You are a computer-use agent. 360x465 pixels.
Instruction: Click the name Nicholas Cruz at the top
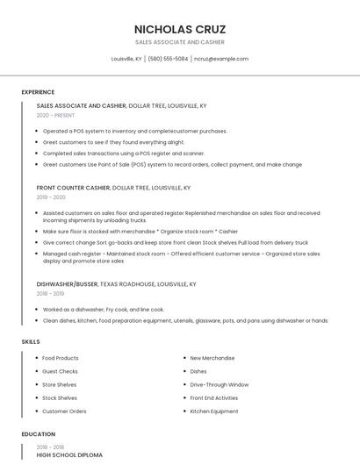(179, 28)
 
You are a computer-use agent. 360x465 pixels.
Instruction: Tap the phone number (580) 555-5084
(168, 59)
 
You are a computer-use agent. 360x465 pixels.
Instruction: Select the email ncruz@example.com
(221, 59)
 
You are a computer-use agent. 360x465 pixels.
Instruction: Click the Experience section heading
(38, 92)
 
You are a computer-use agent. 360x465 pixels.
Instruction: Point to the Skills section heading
(30, 340)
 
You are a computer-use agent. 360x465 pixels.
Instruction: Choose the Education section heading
(38, 433)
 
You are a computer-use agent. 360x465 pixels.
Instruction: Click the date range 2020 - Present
(55, 115)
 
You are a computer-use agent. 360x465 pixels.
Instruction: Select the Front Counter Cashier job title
(74, 188)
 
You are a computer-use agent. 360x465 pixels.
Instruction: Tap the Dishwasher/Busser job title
(68, 284)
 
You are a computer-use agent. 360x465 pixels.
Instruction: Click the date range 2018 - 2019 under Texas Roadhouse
(52, 294)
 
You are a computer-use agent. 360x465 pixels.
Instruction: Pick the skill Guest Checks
(60, 371)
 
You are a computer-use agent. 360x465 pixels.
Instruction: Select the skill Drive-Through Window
(219, 384)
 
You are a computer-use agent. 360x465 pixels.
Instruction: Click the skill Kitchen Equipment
(213, 411)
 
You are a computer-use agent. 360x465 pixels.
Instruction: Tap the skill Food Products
(61, 358)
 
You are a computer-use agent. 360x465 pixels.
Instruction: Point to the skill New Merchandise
(212, 358)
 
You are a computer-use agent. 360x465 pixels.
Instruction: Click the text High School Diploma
(69, 455)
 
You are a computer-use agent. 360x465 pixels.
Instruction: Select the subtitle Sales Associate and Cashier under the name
(179, 42)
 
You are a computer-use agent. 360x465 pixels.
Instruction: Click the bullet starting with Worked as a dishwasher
(104, 310)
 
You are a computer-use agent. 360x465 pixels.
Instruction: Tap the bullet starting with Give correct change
(175, 242)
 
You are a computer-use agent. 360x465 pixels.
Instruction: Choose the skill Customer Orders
(64, 411)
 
